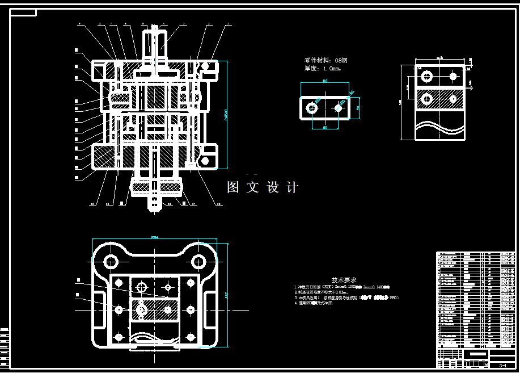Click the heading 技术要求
tap(344, 280)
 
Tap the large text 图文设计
tap(263, 187)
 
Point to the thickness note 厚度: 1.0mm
tap(323, 69)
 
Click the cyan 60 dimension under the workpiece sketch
tap(325, 128)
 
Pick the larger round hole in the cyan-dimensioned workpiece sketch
tap(311, 107)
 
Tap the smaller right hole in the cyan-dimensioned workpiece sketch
tap(339, 107)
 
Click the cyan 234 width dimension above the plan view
tap(155, 238)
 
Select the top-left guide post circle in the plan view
tap(111, 262)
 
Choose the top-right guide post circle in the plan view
tap(198, 262)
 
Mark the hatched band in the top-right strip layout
tap(439, 99)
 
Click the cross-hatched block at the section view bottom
tap(155, 185)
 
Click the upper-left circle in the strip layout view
tap(426, 76)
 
